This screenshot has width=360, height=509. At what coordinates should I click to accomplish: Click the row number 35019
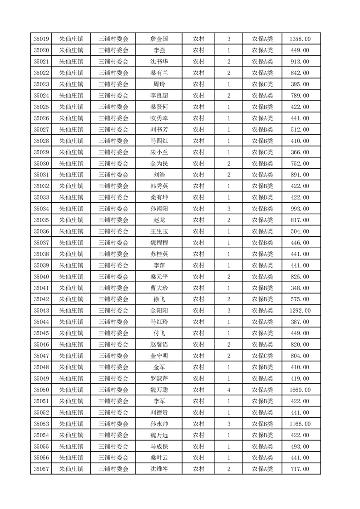[x=41, y=39]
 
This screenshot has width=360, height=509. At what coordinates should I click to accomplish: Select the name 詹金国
[x=159, y=39]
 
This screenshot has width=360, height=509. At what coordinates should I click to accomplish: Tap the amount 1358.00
[x=300, y=39]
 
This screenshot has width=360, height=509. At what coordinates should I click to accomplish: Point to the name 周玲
[x=159, y=84]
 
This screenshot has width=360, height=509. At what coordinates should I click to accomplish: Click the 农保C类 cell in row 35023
[x=262, y=84]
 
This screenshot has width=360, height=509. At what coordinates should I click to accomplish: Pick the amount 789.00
[x=300, y=96]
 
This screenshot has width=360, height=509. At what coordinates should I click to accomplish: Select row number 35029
[x=41, y=152]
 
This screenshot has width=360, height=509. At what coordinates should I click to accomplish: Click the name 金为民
[x=159, y=163]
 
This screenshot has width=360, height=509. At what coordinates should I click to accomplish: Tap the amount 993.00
[x=300, y=209]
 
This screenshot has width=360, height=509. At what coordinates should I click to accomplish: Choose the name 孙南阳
[x=159, y=209]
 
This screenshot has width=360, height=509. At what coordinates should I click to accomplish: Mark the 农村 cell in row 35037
[x=198, y=243]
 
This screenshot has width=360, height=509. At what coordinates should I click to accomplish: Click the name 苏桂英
[x=159, y=254]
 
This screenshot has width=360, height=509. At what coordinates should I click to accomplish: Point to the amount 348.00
[x=300, y=288]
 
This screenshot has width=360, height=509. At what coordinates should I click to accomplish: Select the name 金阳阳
[x=159, y=311]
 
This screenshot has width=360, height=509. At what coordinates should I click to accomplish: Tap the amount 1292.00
[x=300, y=311]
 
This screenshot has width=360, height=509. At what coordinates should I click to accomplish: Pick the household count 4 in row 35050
[x=228, y=390]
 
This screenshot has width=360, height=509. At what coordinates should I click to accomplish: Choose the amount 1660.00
[x=300, y=390]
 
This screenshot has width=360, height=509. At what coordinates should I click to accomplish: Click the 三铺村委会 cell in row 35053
[x=113, y=424]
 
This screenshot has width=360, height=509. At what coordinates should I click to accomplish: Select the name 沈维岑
[x=159, y=469]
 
